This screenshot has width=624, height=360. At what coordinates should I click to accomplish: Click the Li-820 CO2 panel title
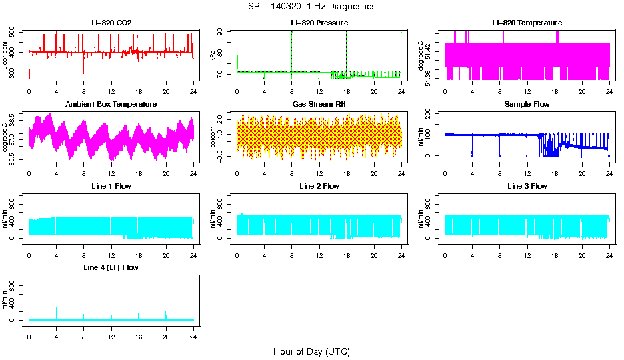point(111,23)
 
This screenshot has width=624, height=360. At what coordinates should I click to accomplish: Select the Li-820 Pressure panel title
point(319,23)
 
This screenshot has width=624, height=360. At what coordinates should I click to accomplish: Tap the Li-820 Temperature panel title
point(527,23)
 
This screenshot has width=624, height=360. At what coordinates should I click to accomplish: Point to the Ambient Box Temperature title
point(111,104)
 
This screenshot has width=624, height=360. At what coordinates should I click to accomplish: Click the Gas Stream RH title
point(319,104)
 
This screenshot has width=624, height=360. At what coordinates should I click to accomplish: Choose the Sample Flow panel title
point(527,104)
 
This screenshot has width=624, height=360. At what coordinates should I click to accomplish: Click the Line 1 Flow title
point(111,186)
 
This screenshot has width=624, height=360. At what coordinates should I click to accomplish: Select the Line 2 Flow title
point(319,186)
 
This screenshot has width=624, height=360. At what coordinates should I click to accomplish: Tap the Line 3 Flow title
point(527,186)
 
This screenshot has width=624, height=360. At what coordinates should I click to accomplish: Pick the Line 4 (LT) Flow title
point(111,267)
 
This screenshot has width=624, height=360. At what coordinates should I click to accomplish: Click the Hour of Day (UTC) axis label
point(311,351)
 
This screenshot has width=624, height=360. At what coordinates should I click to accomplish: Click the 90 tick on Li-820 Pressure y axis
point(221,32)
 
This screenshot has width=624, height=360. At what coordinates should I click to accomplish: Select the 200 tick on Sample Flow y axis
point(429,114)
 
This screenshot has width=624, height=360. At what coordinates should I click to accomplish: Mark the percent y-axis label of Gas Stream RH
point(213,137)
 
